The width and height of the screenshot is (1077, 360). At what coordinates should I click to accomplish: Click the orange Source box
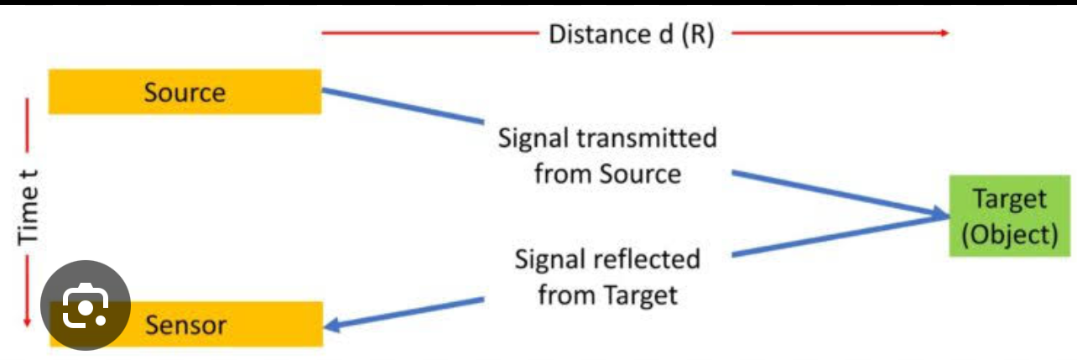(185, 91)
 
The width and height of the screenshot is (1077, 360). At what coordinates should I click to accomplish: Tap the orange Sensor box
(210, 324)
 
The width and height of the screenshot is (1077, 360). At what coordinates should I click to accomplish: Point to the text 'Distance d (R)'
(631, 34)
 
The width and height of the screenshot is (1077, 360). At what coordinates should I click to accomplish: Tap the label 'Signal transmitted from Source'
(607, 155)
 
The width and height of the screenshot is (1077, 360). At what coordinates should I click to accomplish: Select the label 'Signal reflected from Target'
(607, 276)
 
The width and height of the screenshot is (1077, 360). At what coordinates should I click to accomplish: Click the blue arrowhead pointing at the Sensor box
(333, 326)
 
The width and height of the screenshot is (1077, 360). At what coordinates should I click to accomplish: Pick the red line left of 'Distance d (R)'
(428, 34)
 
